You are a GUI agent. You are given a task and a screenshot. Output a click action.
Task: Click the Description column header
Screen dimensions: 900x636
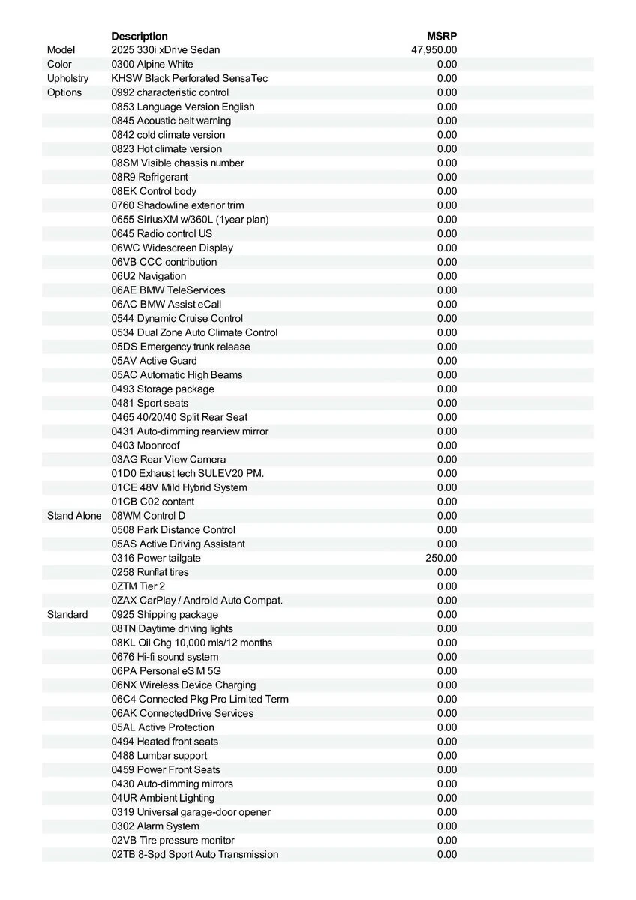139,36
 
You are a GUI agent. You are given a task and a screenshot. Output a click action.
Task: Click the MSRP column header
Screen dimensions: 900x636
442,36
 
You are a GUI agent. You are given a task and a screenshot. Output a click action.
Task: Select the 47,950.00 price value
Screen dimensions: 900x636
433,50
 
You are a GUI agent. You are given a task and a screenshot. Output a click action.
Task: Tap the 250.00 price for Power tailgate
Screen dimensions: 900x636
441,558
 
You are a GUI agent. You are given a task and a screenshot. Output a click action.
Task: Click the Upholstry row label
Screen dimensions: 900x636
67,78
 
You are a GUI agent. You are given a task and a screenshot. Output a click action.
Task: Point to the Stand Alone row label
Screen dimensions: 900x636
74,516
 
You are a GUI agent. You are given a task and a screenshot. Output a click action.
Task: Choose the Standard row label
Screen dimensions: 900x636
67,615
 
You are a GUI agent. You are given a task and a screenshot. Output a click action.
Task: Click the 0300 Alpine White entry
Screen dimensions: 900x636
152,64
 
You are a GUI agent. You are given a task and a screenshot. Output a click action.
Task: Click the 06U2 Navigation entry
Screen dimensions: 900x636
148,276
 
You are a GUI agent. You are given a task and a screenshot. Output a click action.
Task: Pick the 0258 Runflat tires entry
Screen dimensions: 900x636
150,572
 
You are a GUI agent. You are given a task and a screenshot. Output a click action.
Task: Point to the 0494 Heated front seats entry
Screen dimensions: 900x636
165,742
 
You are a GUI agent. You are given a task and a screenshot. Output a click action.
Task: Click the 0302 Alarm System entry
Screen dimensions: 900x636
155,826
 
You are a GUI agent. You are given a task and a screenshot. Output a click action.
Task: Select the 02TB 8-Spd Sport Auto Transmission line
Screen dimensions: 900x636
195,855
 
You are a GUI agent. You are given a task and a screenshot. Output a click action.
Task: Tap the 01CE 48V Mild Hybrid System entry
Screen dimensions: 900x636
179,487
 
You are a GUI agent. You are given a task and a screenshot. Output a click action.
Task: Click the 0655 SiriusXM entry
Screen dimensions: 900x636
190,220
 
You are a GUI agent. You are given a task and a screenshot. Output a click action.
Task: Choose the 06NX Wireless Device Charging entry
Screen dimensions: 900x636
184,685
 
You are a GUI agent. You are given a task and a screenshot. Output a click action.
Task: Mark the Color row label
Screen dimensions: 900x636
59,64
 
